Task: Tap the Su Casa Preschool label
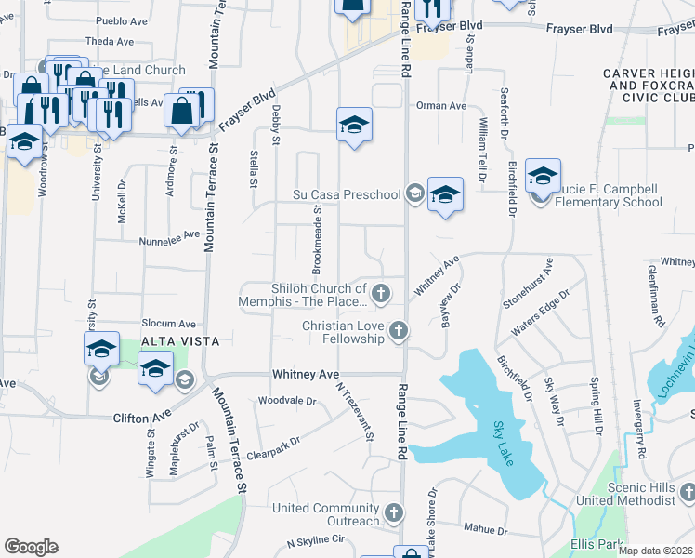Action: pos(345,194)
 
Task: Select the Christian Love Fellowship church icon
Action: pos(398,330)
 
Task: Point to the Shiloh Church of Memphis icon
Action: pos(382,294)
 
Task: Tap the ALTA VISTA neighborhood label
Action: pos(180,342)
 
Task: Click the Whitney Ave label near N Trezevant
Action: pos(305,374)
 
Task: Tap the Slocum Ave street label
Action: pos(169,323)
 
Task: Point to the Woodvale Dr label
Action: pos(287,401)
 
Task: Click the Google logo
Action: pos(31,547)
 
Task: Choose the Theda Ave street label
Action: pos(110,42)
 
